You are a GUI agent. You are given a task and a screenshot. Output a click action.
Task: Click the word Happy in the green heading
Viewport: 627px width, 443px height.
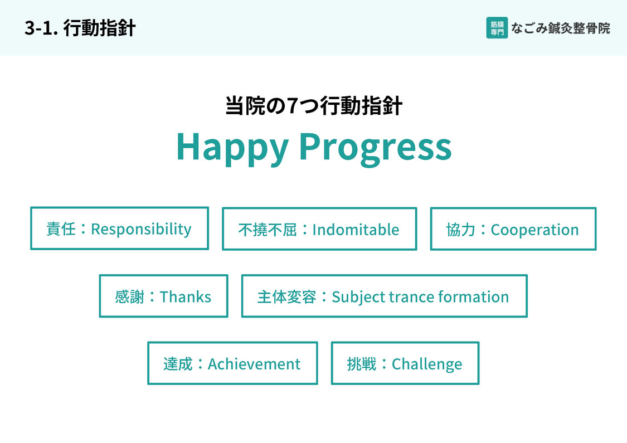pos(232,148)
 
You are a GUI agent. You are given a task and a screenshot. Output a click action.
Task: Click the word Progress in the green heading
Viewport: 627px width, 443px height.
pos(376,148)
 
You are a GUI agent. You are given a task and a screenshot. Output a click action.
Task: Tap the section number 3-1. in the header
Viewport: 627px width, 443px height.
pos(42,28)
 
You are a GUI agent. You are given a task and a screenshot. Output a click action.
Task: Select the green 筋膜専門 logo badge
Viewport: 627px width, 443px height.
pos(497,28)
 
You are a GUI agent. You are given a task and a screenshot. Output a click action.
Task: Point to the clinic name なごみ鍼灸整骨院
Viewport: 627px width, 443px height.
pos(561,28)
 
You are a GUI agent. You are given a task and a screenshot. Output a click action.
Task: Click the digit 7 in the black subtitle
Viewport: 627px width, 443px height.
pos(292,106)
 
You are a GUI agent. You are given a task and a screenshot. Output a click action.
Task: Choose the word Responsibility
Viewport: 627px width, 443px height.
pos(141,229)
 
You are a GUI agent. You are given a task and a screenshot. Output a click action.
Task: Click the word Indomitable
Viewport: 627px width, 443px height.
pos(356,230)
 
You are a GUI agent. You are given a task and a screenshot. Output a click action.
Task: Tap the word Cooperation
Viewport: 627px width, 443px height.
pos(534,230)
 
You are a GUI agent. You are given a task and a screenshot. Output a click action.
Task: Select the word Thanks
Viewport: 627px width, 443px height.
pos(185,297)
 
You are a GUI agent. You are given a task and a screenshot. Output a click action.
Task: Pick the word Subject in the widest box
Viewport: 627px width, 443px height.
pos(358,297)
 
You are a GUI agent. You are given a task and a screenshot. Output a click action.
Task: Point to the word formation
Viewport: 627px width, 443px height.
pos(473,297)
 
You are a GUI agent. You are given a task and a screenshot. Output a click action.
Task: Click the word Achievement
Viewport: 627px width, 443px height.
pos(254,364)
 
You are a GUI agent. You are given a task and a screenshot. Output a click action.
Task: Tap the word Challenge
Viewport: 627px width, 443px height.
pos(427,364)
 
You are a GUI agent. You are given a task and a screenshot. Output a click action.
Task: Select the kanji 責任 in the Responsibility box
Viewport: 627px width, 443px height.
pos(61,229)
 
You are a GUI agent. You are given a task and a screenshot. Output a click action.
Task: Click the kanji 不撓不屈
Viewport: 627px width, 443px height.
pos(267,230)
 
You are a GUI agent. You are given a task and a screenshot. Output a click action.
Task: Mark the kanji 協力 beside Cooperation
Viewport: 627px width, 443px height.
pos(461,230)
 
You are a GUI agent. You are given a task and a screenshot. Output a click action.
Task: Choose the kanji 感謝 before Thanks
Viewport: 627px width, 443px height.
pos(129,297)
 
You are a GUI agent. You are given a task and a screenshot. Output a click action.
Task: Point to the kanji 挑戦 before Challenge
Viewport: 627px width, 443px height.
pos(362,364)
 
